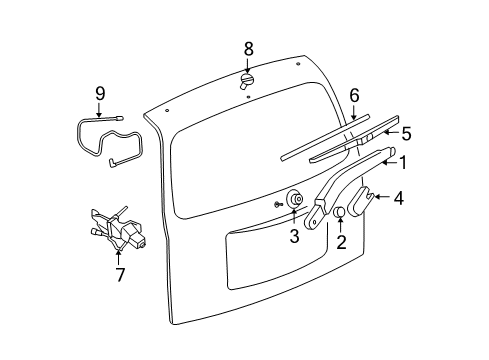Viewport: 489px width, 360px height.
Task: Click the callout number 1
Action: pos(404,161)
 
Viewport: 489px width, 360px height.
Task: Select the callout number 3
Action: pos(294,236)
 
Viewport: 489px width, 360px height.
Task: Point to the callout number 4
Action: pos(398,198)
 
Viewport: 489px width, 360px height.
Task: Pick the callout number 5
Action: pos(405,131)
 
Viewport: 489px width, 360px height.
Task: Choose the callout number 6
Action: pos(353,95)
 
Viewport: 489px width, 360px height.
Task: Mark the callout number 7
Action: pos(119,273)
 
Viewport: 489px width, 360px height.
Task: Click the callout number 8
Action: pos(248,47)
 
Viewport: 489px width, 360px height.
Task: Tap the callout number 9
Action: pos(100,93)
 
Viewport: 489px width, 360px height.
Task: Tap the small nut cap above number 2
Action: pos(339,212)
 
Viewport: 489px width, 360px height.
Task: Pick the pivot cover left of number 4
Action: pos(362,201)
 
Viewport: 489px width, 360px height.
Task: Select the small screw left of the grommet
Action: pos(277,204)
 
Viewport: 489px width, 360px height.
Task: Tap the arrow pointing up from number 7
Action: pos(119,252)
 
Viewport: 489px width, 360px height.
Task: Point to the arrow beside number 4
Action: pos(384,198)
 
